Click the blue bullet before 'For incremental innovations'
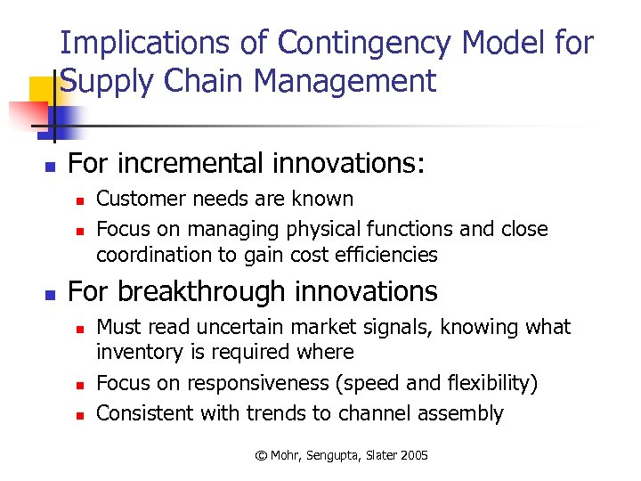(x=51, y=166)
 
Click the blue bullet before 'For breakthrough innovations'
(x=51, y=294)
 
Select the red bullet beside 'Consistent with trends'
(x=79, y=415)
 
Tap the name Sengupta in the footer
(x=338, y=455)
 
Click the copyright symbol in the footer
(x=261, y=455)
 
